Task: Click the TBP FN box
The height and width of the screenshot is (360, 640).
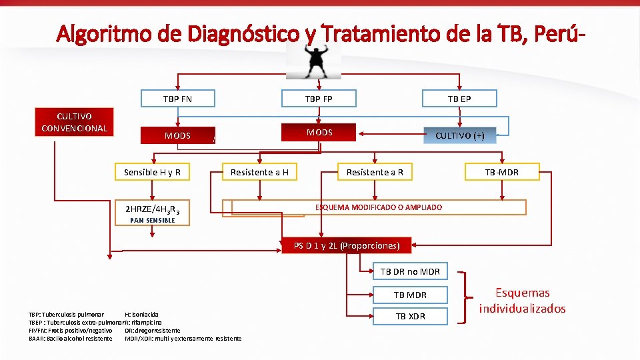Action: click(x=177, y=99)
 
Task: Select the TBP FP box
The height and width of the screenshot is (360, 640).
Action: click(x=319, y=99)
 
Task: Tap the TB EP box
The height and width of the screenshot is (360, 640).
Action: click(x=459, y=99)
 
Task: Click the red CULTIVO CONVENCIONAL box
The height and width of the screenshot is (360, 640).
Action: click(x=74, y=122)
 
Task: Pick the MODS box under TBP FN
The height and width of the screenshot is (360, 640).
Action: click(x=177, y=135)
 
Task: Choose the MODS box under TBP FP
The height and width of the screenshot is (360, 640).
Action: click(x=319, y=132)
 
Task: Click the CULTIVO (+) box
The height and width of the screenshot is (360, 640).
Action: click(x=460, y=135)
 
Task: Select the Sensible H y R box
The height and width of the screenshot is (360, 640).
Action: click(x=153, y=172)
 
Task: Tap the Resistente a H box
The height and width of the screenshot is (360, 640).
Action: click(x=259, y=172)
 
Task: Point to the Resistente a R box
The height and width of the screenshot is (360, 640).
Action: click(x=375, y=172)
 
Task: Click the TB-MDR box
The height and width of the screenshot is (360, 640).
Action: click(x=502, y=172)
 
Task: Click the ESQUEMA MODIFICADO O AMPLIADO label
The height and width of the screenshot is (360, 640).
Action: click(x=378, y=207)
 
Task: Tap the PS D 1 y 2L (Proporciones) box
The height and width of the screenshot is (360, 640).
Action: click(x=347, y=246)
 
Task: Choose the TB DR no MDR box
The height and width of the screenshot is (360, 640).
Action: click(x=409, y=271)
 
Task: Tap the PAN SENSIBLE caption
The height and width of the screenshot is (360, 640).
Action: click(x=153, y=220)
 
